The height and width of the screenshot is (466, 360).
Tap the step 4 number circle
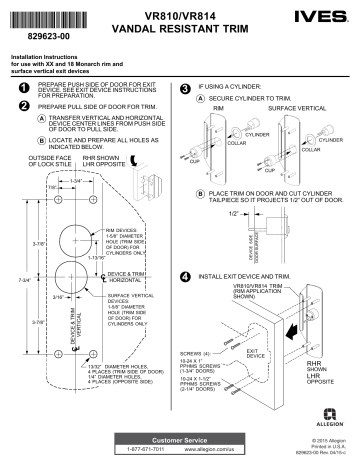point(186,275)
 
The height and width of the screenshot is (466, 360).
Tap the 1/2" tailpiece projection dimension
point(232,213)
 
